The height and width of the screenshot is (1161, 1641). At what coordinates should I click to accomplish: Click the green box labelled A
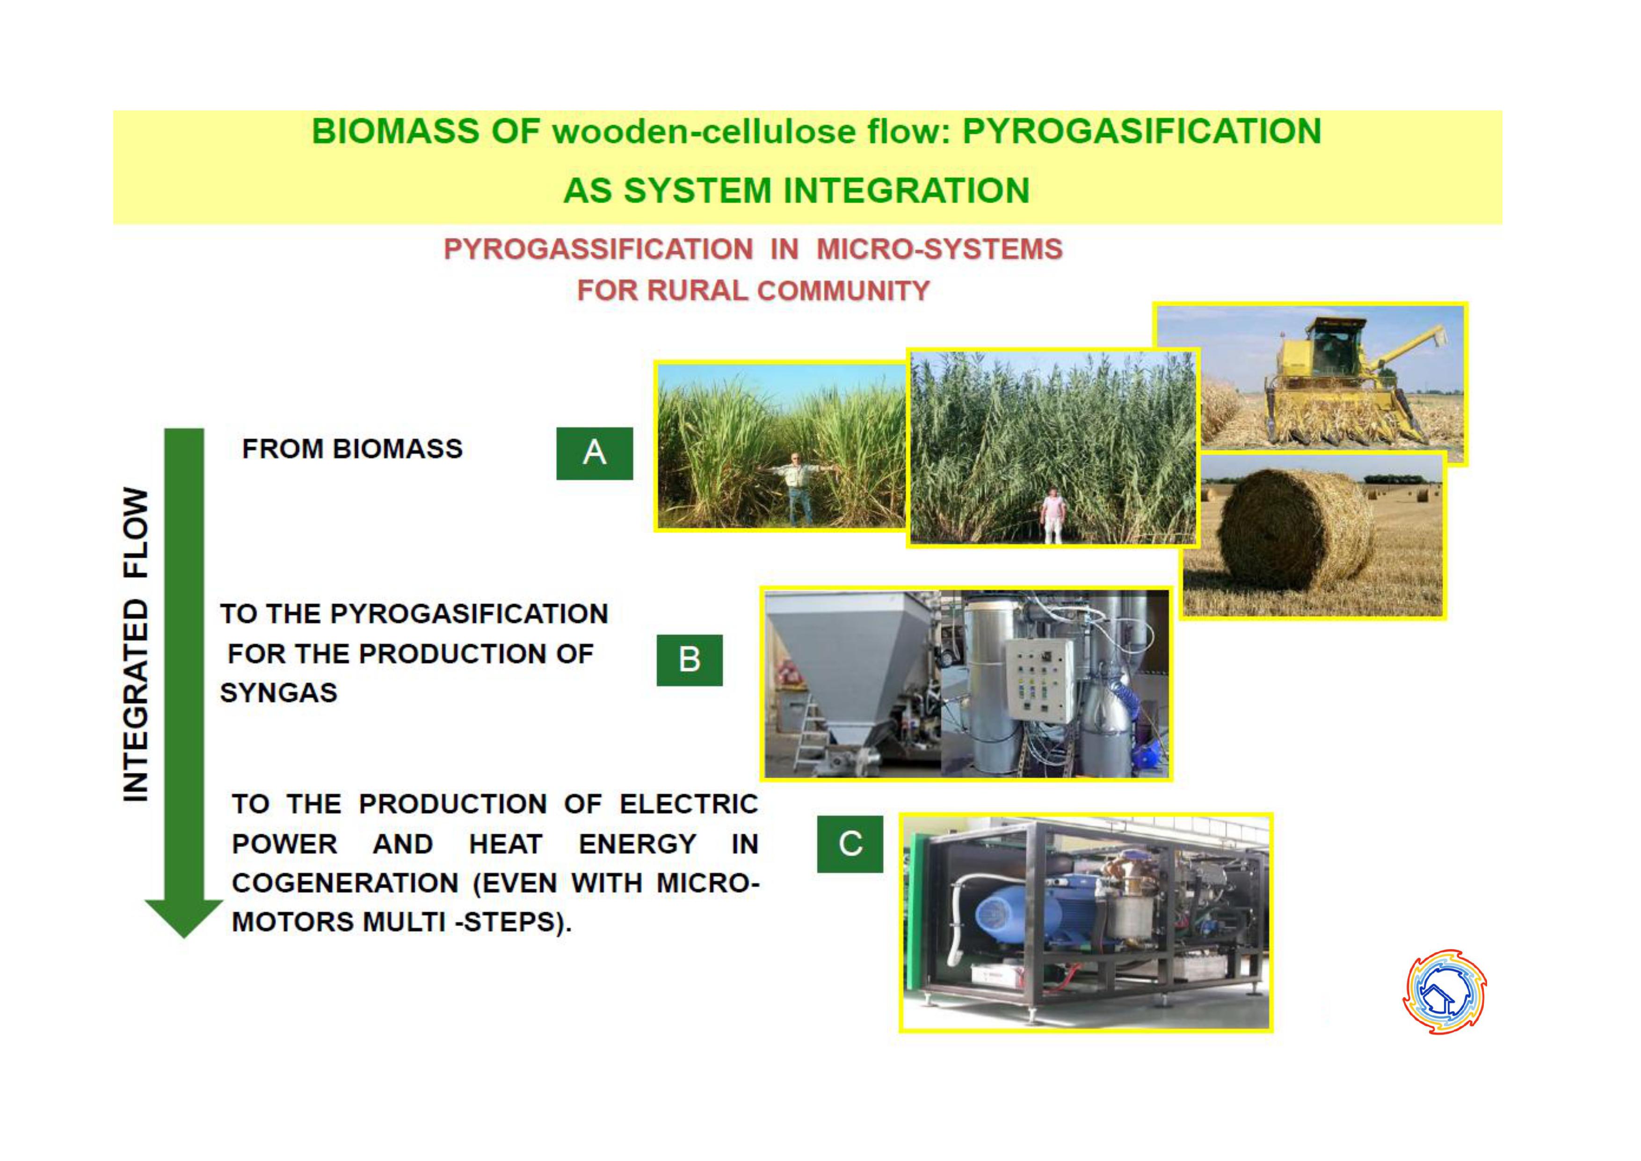[x=595, y=453]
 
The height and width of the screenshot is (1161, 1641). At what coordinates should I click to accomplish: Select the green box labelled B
[x=689, y=659]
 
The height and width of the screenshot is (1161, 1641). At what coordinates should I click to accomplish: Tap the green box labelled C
[x=850, y=844]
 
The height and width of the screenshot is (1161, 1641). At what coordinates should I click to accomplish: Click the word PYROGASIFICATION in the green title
[x=1141, y=131]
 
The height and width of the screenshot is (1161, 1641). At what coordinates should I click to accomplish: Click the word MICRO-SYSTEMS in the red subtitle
[x=939, y=249]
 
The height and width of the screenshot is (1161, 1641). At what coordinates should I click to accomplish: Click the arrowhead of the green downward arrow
[x=184, y=918]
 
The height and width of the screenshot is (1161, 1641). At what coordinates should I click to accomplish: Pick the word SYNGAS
[x=279, y=693]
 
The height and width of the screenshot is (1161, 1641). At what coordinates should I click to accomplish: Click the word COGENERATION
[x=345, y=883]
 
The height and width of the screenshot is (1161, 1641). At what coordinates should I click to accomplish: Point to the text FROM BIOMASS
[x=352, y=449]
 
